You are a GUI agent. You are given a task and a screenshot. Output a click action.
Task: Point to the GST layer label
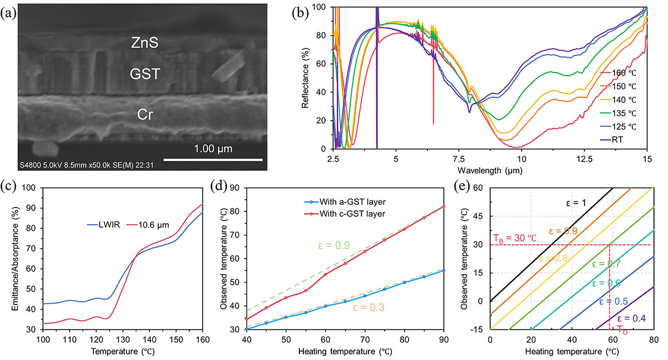[143, 73]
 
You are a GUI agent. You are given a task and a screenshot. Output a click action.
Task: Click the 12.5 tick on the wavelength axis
[584, 158]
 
